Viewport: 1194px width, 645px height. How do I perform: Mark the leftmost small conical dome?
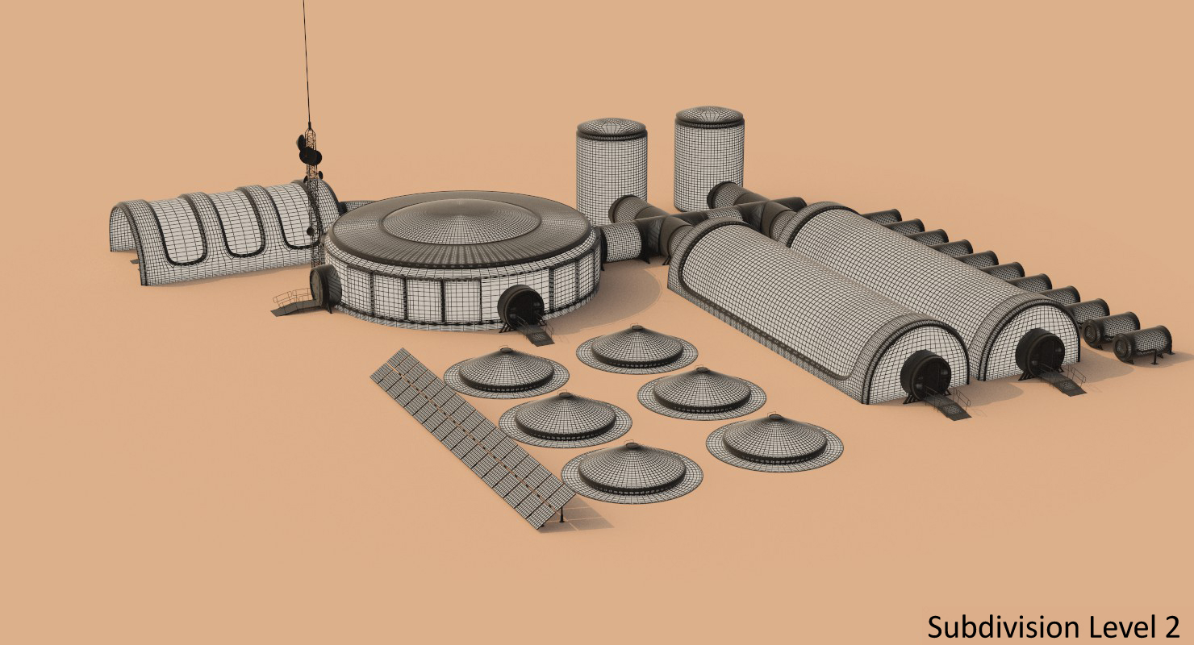(506, 372)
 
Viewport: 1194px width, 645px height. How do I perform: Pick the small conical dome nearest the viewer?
(632, 472)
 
